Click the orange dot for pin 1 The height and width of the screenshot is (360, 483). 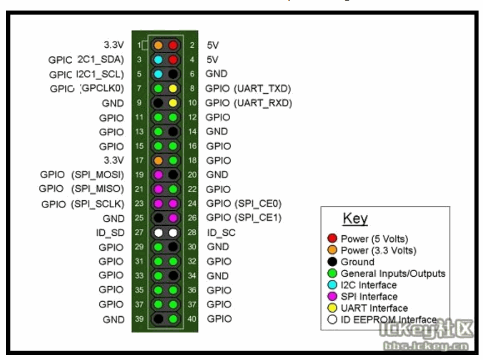click(x=158, y=45)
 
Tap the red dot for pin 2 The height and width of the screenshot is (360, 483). click(x=173, y=45)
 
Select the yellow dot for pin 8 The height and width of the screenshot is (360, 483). click(x=173, y=88)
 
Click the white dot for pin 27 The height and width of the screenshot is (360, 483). click(x=158, y=232)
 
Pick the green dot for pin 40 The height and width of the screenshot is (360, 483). click(x=173, y=319)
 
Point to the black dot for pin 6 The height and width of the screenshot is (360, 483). click(x=173, y=74)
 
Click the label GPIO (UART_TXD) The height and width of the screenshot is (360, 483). click(x=248, y=88)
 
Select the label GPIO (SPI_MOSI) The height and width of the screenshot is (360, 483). click(x=82, y=175)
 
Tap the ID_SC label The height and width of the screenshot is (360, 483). click(x=221, y=232)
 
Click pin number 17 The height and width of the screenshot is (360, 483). click(x=139, y=160)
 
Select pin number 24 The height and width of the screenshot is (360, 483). click(x=192, y=204)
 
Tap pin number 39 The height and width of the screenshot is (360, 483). click(x=139, y=319)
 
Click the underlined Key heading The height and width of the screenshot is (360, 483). click(x=355, y=219)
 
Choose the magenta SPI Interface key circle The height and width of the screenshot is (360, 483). click(x=333, y=297)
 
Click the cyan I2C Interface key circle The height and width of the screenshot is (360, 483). click(x=333, y=285)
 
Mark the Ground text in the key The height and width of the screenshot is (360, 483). click(x=357, y=262)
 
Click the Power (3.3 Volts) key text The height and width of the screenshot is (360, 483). click(x=378, y=250)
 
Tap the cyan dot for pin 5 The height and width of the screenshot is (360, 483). click(x=158, y=74)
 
